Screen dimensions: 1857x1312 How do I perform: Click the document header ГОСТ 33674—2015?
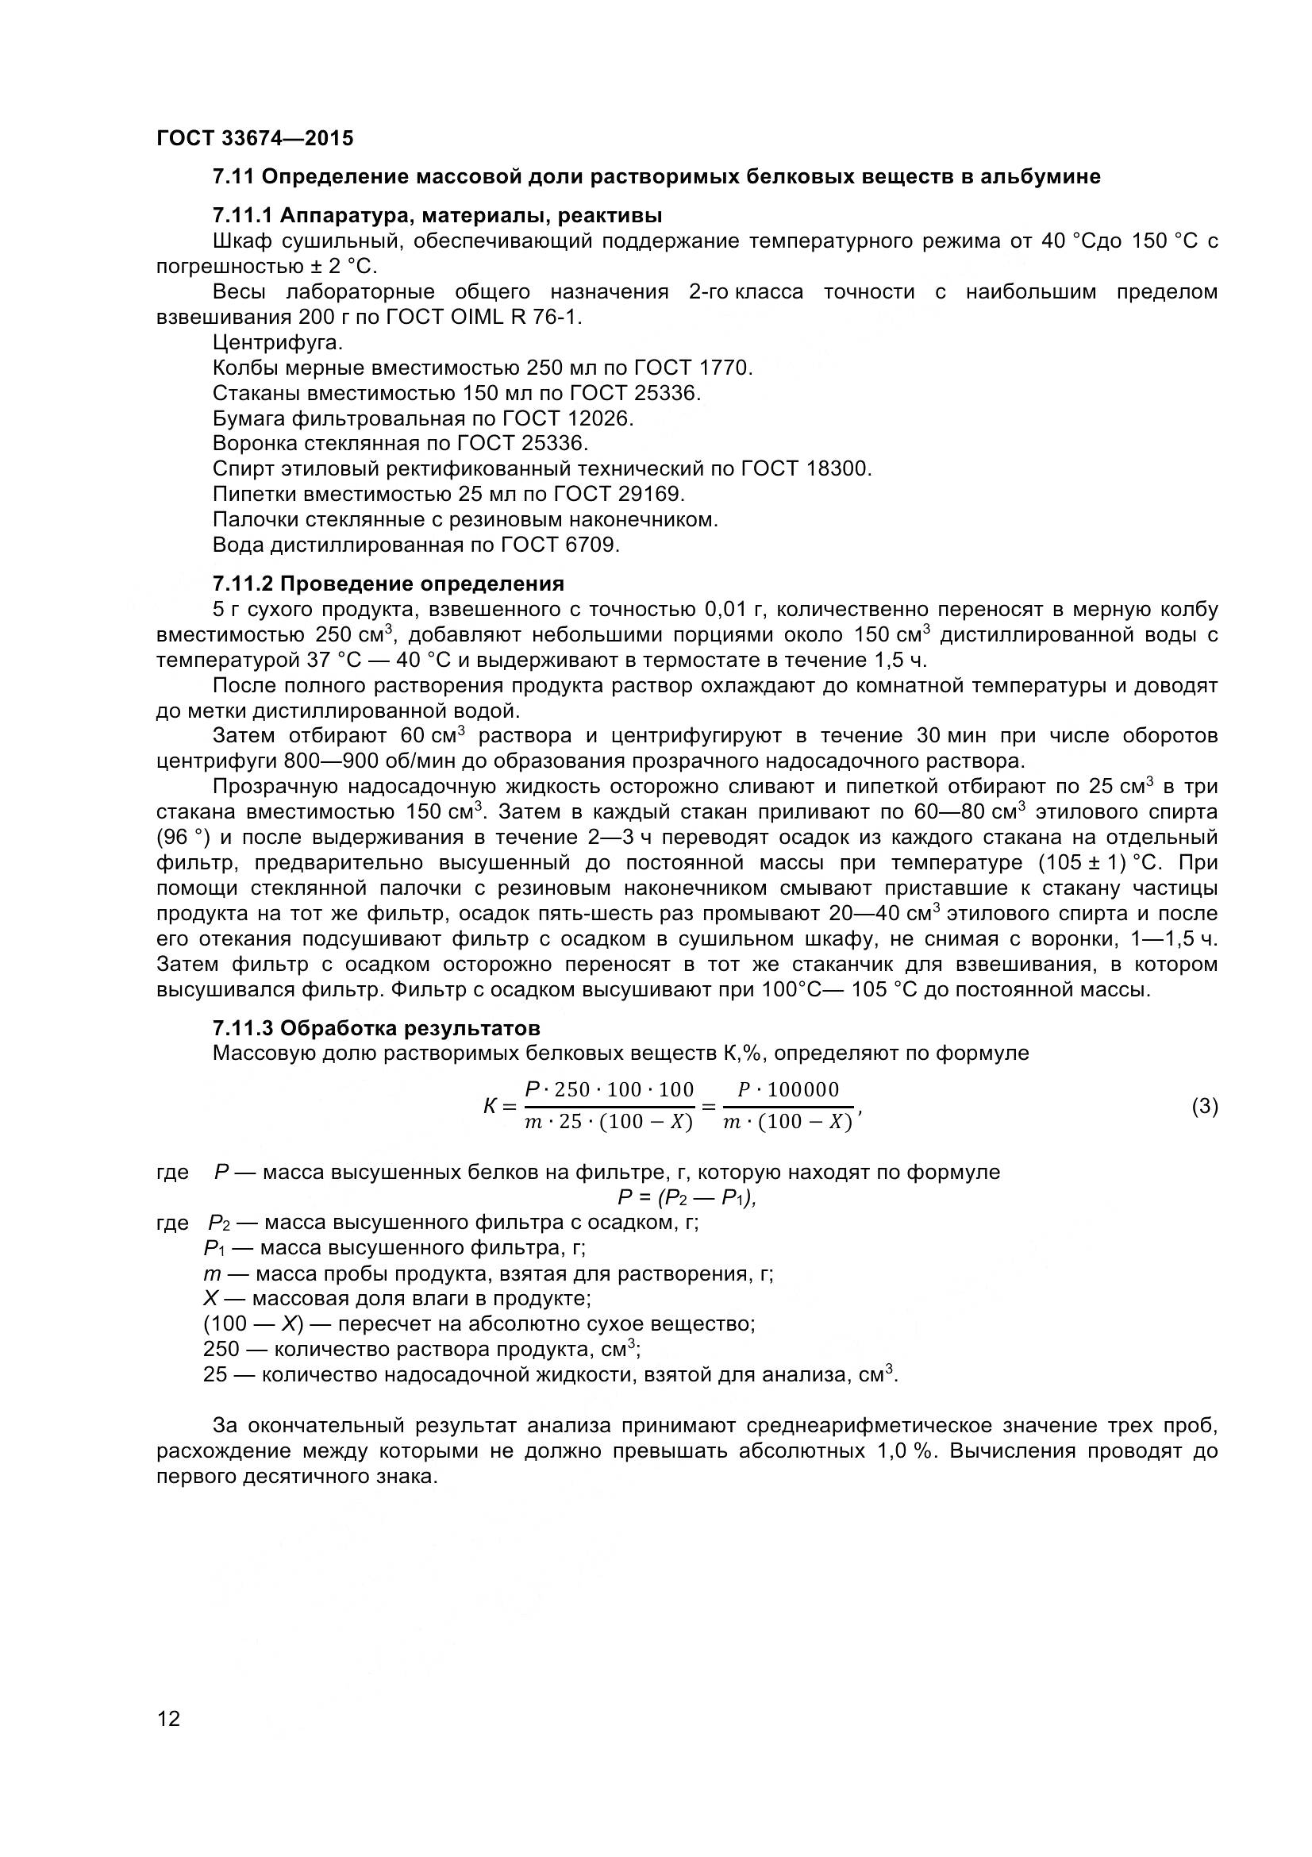255,138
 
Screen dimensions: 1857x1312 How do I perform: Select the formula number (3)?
1205,1107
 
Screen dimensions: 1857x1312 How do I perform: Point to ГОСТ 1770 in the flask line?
693,368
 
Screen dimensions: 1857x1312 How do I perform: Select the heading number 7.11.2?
244,584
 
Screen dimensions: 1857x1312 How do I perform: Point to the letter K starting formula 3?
490,1107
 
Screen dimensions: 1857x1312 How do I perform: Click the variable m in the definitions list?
212,1273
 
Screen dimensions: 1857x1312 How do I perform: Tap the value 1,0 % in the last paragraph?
905,1451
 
